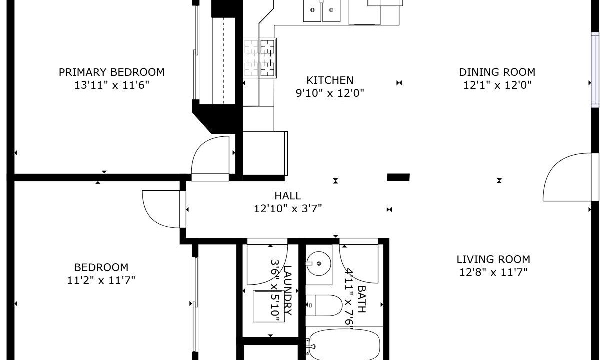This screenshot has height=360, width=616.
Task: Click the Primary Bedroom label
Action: (112, 72)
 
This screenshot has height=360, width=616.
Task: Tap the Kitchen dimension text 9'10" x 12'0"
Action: (330, 93)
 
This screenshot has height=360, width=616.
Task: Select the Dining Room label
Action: (497, 72)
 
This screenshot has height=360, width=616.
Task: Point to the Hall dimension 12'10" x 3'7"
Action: (288, 209)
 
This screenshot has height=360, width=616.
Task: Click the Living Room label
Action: (493, 259)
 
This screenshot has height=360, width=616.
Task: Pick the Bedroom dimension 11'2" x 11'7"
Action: (101, 281)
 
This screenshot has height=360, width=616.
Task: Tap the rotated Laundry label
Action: (288, 290)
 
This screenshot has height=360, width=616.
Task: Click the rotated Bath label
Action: (362, 299)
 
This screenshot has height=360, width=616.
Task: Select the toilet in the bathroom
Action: (324, 306)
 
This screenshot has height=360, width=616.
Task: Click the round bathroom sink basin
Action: (319, 264)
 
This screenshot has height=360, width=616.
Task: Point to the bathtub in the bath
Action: (344, 345)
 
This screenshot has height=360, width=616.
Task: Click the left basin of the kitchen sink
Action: (312, 10)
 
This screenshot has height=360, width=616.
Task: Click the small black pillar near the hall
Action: (398, 177)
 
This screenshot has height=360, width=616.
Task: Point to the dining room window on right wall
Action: (595, 70)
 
